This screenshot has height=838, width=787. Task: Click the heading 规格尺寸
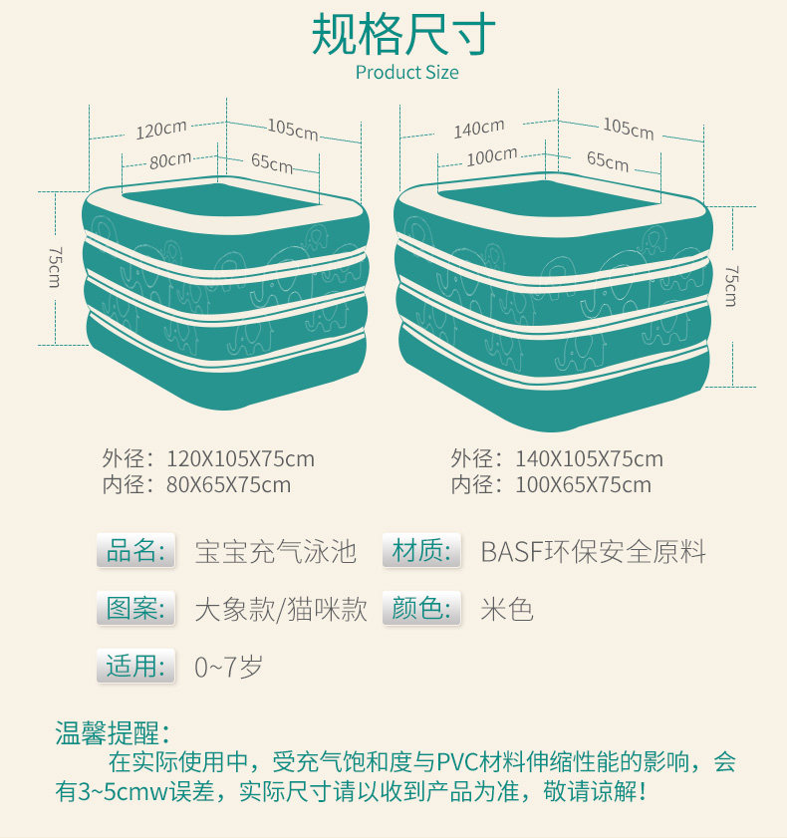click(403, 34)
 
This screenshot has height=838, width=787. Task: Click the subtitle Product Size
click(406, 73)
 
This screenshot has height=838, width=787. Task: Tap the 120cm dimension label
click(161, 129)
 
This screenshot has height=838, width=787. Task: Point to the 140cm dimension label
click(479, 129)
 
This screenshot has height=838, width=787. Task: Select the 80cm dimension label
click(170, 159)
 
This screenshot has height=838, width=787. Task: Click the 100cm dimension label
click(492, 156)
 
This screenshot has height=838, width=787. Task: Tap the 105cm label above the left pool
click(293, 129)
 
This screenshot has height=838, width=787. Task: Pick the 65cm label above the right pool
click(608, 159)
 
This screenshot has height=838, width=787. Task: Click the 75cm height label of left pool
click(55, 266)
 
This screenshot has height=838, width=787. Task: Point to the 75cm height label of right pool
click(731, 285)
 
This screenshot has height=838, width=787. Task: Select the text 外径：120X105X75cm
click(207, 459)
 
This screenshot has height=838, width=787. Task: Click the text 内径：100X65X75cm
click(550, 485)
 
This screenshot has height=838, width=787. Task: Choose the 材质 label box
click(421, 550)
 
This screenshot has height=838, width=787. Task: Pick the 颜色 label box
click(421, 609)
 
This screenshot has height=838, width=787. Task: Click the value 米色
click(507, 609)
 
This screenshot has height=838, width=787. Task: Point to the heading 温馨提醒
click(112, 734)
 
